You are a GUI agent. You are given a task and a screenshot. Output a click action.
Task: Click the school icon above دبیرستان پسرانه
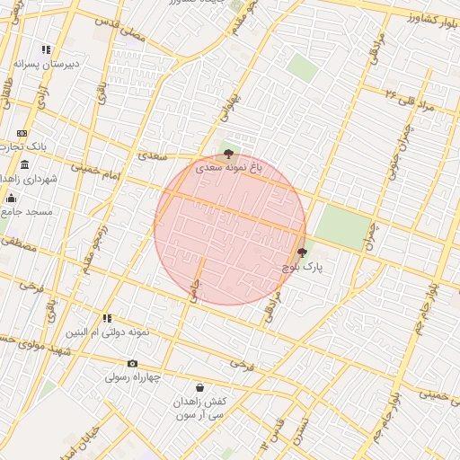[x=46, y=49]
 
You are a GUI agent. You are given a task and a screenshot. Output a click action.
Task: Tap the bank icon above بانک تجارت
[x=22, y=133]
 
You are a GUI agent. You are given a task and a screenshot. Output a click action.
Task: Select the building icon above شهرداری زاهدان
[x=23, y=165]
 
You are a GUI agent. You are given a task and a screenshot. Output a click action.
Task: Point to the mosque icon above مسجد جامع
[x=11, y=198]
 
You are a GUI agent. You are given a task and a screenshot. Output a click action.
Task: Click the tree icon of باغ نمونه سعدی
[x=229, y=154]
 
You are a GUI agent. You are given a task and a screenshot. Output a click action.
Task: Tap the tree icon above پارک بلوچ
[x=301, y=252]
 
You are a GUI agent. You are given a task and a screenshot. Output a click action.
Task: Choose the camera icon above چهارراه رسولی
[x=133, y=364]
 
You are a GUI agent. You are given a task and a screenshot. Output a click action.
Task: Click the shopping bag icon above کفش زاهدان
[x=187, y=387]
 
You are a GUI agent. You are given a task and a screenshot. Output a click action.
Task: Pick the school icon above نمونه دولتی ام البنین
[x=107, y=317]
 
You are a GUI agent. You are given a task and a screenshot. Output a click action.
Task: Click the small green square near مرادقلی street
[x=302, y=68]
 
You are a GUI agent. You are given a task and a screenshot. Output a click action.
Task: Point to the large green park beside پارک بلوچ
[x=342, y=226]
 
